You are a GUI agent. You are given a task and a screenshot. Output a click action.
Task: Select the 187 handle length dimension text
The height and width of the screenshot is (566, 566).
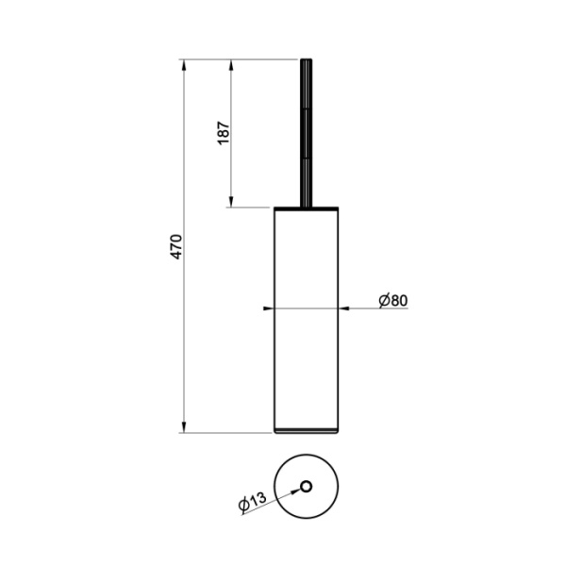[x=223, y=132]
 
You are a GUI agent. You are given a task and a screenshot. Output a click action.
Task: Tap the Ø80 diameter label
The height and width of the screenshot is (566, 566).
[x=392, y=300]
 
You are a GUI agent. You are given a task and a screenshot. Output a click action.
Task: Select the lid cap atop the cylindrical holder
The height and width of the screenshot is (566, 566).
[x=306, y=207]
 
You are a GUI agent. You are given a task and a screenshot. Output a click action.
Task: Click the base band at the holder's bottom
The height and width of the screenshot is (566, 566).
[x=306, y=430]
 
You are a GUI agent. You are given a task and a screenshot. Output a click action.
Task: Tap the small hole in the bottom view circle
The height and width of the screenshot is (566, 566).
[x=306, y=488]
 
